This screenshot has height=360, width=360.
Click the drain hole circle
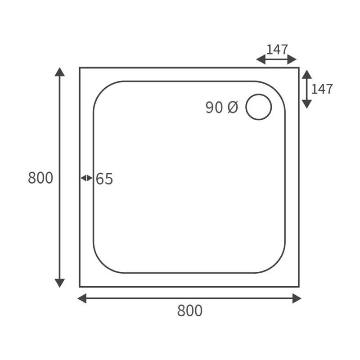click(x=259, y=107)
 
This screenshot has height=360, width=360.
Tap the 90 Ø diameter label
click(x=221, y=108)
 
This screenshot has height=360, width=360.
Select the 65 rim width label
click(x=104, y=179)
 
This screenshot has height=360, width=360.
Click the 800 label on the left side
click(x=40, y=178)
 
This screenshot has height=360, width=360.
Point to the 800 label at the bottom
click(x=189, y=310)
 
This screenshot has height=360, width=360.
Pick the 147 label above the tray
click(x=277, y=49)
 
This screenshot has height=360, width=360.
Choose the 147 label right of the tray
click(x=322, y=89)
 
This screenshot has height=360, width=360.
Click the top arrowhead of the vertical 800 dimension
click(x=59, y=72)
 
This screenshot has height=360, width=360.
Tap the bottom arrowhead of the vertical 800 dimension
click(x=59, y=283)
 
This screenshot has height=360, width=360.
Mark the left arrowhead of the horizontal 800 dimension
click(x=82, y=298)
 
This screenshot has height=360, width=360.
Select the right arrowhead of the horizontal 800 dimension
click(x=297, y=298)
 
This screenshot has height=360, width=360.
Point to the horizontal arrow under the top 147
click(x=276, y=59)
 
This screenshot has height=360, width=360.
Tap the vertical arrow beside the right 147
click(x=306, y=89)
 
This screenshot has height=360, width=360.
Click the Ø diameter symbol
click(x=232, y=108)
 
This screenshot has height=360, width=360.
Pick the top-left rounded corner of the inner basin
click(x=101, y=89)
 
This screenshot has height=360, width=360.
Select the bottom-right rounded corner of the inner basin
click(x=278, y=265)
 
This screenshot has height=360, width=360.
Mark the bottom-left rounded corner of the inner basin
click(x=101, y=265)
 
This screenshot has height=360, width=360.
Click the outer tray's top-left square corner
click(x=80, y=68)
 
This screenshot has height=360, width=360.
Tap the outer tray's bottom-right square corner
click(x=299, y=286)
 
